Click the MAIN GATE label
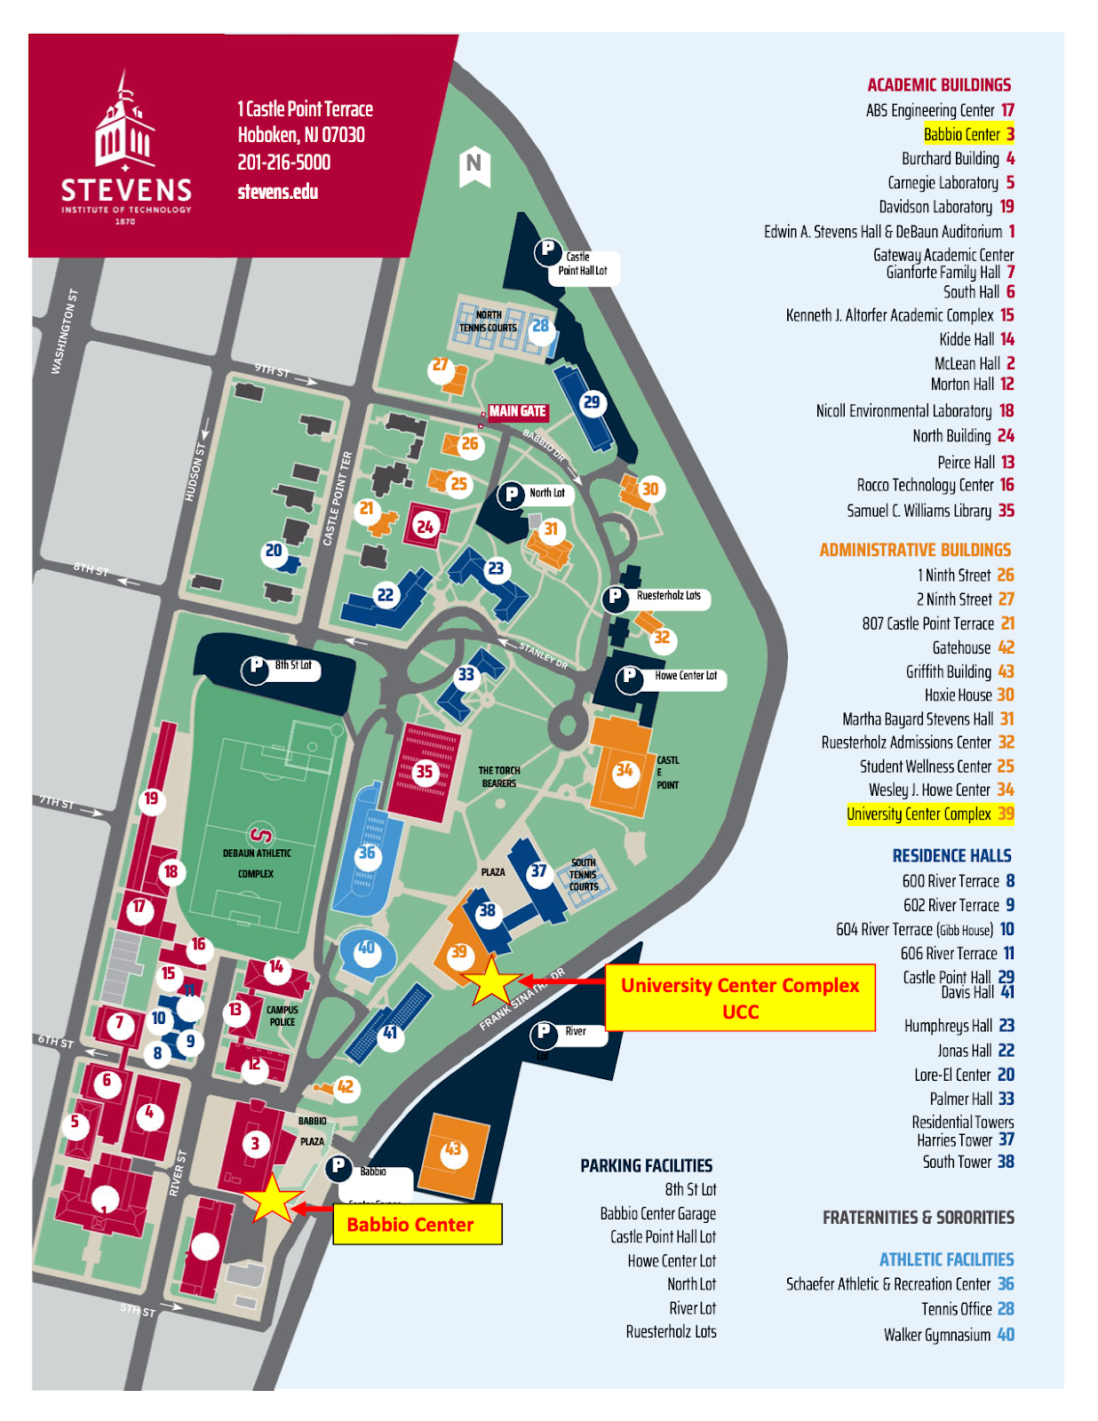coord(517,411)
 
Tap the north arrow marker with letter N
coord(474,164)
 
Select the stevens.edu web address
coord(278,192)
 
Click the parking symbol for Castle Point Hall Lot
coord(547,250)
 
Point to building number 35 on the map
coord(425,771)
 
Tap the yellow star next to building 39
coord(491,980)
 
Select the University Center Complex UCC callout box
coord(739,997)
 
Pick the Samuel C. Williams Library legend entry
coord(929,511)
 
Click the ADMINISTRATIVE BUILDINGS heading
coord(914,550)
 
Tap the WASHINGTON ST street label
coord(64,331)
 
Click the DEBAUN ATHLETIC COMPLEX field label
coord(256,862)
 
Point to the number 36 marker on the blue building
coord(366,853)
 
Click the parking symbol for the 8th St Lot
coord(256,666)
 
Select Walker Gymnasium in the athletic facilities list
coord(948,1334)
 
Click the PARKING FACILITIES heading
coord(646,1165)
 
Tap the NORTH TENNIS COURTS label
coord(488,322)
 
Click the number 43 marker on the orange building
coord(453,1149)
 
